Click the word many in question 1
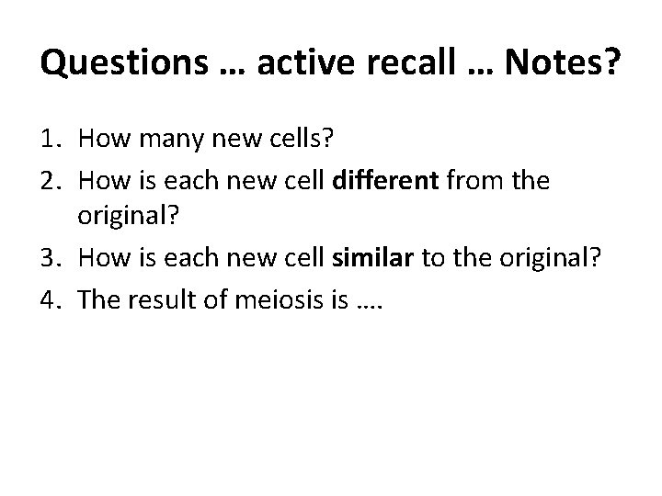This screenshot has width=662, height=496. [161, 141]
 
